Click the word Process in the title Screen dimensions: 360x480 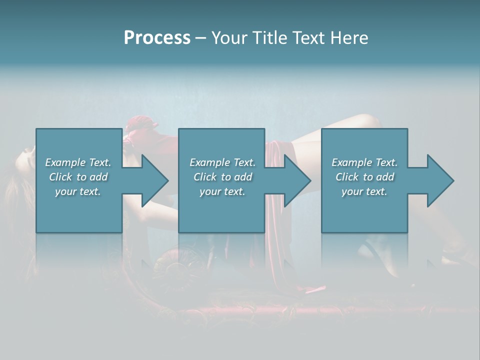157,38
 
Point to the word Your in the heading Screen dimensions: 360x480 230,38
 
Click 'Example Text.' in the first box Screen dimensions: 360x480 78,162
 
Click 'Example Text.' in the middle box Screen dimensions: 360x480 222,162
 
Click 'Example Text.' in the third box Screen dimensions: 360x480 364,162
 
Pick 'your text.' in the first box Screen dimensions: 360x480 78,191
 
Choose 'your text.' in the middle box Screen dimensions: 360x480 222,191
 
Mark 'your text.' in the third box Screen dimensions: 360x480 364,191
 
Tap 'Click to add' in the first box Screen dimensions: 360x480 78,177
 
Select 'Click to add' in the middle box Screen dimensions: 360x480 222,177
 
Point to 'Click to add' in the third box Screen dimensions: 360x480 364,177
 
